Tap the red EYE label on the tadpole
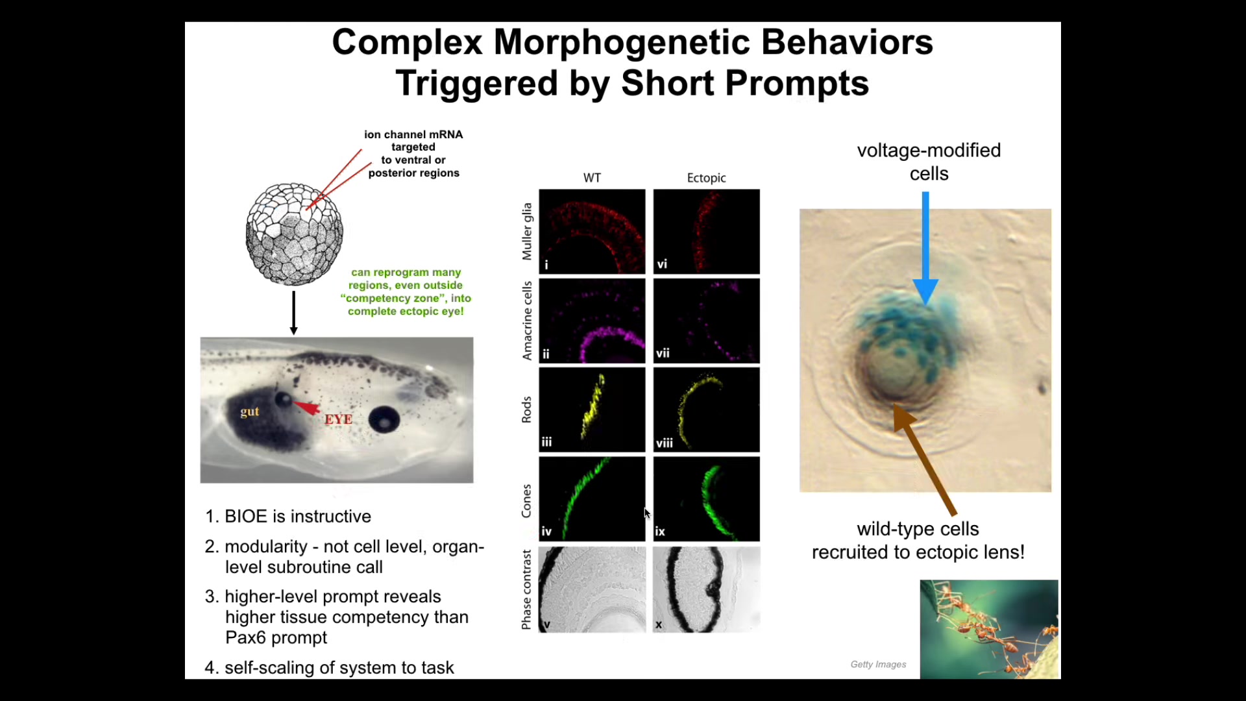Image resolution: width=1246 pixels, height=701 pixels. tap(338, 419)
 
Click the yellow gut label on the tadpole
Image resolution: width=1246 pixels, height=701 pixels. tap(250, 412)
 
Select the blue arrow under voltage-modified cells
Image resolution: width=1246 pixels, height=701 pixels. tap(925, 248)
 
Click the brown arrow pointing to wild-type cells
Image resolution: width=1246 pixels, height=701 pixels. tap(924, 460)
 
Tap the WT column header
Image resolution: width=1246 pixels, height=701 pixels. tap(592, 178)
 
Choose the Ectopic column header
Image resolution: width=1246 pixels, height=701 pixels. tap(706, 178)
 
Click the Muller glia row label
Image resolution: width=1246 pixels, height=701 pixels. tap(527, 232)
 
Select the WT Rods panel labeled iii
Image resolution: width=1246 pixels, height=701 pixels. tap(592, 410)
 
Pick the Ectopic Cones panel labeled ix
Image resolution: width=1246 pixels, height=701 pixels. tap(706, 498)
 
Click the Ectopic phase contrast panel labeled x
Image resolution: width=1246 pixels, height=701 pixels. tap(706, 589)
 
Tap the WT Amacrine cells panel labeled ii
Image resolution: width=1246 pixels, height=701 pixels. tap(592, 321)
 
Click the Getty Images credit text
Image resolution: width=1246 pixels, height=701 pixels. tap(878, 664)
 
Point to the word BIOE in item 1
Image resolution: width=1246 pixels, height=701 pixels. tap(246, 517)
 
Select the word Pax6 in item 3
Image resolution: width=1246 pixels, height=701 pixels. tap(245, 637)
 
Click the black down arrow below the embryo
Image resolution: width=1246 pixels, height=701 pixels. tap(293, 313)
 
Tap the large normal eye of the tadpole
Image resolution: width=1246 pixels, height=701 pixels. tap(384, 420)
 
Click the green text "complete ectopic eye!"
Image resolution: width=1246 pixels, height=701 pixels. tap(406, 312)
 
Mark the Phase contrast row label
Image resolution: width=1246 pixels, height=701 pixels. tap(526, 590)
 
